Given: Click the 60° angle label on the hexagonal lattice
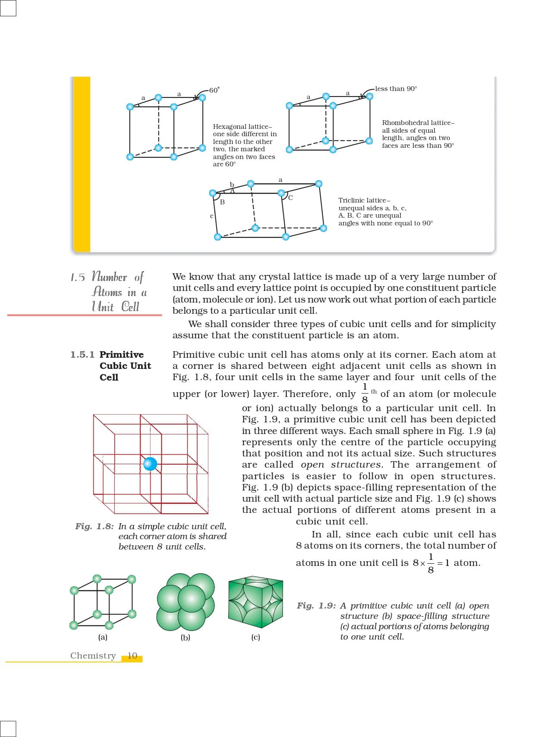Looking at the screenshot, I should [x=214, y=90].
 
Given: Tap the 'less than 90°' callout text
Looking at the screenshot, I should [x=396, y=89].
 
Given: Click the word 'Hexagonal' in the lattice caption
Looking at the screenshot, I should [x=228, y=127].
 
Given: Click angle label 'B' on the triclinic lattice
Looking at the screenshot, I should [x=222, y=202].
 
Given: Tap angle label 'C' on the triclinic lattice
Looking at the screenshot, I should [x=290, y=198].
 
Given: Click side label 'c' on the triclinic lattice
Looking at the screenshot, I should [x=211, y=216].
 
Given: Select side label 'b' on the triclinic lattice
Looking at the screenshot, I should [x=232, y=184].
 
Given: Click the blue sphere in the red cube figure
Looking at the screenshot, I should [x=150, y=464].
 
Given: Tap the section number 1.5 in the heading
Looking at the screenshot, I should [x=78, y=277].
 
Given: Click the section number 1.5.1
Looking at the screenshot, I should [x=82, y=355].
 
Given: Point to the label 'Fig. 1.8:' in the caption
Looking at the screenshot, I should [x=94, y=526].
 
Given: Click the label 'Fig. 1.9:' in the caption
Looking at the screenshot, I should [x=316, y=606].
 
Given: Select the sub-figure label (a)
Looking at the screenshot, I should [x=103, y=637].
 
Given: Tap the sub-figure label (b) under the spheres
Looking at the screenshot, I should [x=185, y=637].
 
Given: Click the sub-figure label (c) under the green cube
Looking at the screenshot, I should [x=255, y=637].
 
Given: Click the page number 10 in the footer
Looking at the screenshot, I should [x=132, y=656].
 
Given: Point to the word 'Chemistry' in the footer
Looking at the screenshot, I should [x=93, y=656].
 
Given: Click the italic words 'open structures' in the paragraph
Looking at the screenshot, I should [x=341, y=465].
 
